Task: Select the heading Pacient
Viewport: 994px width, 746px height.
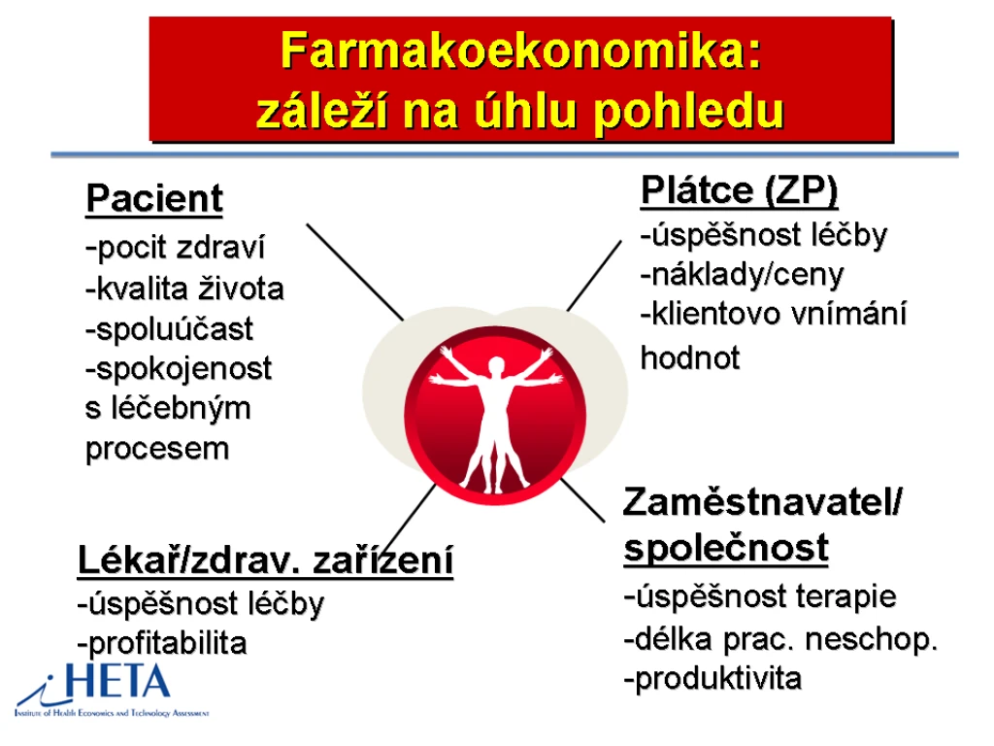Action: click(x=154, y=198)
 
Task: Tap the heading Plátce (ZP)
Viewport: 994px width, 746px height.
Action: click(x=739, y=191)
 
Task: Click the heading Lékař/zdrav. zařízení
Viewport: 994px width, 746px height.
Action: click(x=265, y=559)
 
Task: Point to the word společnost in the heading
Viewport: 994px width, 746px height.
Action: click(x=726, y=548)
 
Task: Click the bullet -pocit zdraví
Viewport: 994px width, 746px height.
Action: click(x=175, y=248)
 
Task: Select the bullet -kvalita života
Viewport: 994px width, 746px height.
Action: click(x=184, y=288)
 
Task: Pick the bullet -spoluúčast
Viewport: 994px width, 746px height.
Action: click(x=169, y=329)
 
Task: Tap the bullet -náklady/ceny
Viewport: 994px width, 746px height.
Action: click(x=742, y=275)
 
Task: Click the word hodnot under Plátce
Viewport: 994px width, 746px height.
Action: click(x=690, y=357)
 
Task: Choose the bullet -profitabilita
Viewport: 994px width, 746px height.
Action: click(x=162, y=644)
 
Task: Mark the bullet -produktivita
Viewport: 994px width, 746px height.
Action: click(x=712, y=679)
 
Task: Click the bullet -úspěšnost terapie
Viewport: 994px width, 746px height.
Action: click(x=760, y=597)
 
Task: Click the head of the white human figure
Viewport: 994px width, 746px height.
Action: click(x=496, y=365)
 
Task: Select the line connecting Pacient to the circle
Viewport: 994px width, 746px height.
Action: click(x=355, y=272)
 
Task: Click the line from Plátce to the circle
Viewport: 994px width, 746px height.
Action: click(x=594, y=276)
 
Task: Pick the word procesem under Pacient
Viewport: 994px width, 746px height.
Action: click(x=157, y=450)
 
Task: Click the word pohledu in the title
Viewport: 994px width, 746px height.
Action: click(x=688, y=113)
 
